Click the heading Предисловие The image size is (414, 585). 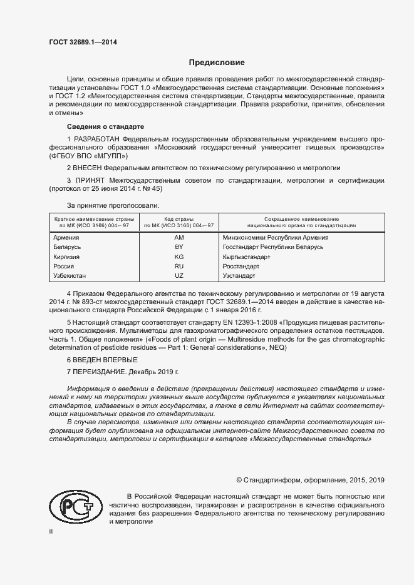click(217, 63)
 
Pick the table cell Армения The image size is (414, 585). click(66, 238)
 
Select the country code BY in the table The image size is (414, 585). click(179, 247)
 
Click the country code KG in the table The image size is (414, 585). click(179, 257)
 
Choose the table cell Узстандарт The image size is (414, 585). click(239, 275)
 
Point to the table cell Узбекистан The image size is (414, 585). click(70, 275)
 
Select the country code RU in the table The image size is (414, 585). click(179, 266)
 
